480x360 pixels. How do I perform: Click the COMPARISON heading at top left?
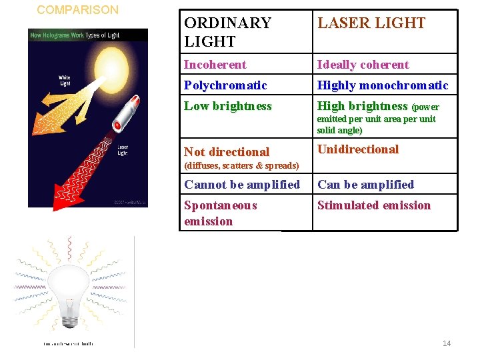click(x=77, y=10)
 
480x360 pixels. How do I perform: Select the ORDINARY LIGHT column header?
click(x=227, y=32)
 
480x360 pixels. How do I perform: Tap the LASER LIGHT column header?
click(x=371, y=23)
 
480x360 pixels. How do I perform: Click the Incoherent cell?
click(x=215, y=65)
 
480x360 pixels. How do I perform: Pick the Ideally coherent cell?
click(x=363, y=65)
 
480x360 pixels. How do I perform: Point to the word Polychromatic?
click(x=225, y=85)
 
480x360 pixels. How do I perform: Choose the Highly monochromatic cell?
click(x=383, y=85)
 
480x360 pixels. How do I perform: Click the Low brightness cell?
click(x=227, y=106)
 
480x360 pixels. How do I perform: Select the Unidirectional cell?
click(x=357, y=149)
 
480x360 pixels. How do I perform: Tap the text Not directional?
click(x=227, y=152)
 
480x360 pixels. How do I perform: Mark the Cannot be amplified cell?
click(x=242, y=185)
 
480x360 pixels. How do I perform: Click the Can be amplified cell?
click(x=365, y=185)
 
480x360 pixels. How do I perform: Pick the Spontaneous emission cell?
click(x=220, y=213)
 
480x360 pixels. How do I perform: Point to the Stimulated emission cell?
click(x=373, y=205)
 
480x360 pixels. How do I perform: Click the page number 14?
click(x=446, y=343)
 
